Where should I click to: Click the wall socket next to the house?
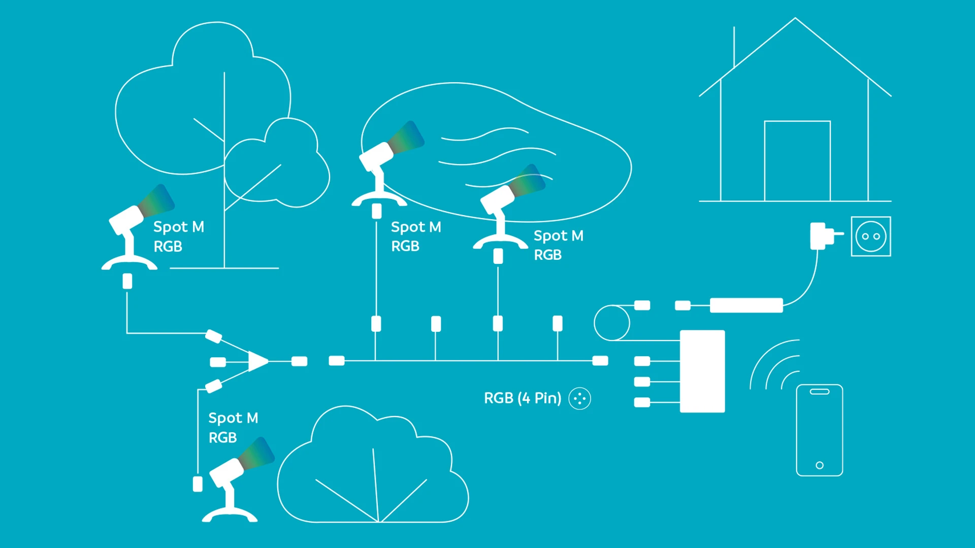871,236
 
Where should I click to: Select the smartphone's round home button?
820,465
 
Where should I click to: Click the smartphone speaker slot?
820,392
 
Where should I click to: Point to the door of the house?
797,161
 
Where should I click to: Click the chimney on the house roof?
734,47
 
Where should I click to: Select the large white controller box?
702,371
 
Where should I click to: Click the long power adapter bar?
746,305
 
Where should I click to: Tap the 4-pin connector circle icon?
579,398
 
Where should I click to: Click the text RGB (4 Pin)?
523,398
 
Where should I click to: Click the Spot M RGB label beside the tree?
179,236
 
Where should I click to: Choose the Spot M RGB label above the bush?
233,427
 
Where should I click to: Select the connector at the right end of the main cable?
600,361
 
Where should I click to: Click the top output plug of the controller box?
642,361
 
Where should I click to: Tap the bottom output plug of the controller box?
642,402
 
